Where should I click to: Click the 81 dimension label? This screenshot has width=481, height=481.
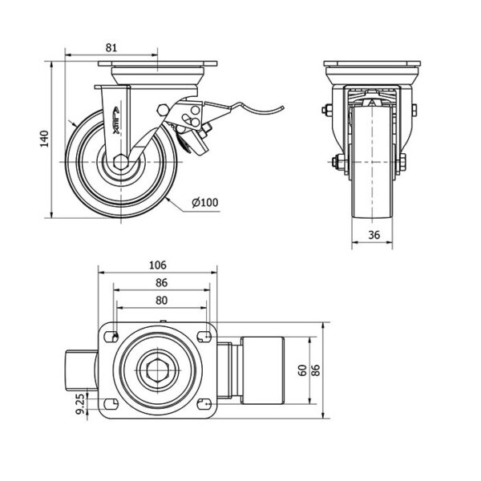(x=111, y=48)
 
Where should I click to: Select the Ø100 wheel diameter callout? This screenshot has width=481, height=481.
(x=205, y=203)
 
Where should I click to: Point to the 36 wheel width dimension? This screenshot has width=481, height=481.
(x=374, y=235)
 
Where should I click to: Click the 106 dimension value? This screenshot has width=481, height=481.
(x=157, y=265)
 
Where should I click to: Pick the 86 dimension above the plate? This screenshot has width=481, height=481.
(x=160, y=283)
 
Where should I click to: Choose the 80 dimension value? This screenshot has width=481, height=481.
(x=160, y=301)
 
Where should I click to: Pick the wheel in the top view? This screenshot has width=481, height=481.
(x=261, y=370)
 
